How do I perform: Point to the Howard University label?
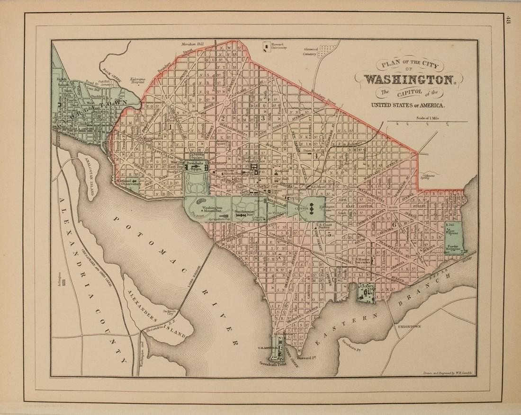click(278, 47)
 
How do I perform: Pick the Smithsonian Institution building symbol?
click(245, 216)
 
